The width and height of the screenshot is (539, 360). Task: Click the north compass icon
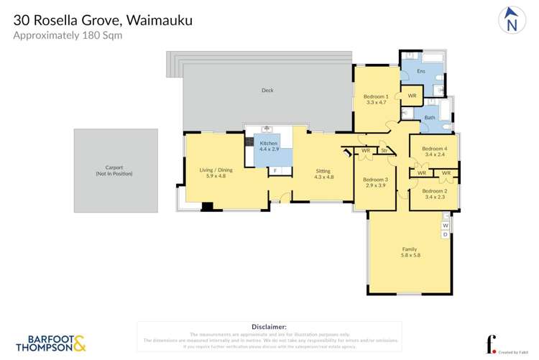(511, 20)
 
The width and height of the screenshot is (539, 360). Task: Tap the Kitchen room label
(269, 144)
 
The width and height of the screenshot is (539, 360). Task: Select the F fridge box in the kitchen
(275, 170)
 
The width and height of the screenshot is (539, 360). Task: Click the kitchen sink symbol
(267, 129)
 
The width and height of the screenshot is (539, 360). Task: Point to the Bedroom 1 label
(376, 96)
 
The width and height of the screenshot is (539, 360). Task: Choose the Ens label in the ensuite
(421, 71)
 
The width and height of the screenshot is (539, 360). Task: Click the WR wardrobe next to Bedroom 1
(412, 96)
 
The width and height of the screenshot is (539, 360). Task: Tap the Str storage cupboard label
(384, 151)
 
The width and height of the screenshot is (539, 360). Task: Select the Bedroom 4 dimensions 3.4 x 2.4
(435, 154)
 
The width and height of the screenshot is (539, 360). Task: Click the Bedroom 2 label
(435, 191)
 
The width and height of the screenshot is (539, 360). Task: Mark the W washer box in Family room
(445, 226)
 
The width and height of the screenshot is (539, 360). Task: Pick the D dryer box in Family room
(445, 234)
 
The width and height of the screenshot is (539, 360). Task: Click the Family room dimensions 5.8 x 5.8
(410, 255)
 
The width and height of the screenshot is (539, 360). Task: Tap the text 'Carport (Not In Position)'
(114, 170)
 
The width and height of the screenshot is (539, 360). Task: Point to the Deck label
(267, 91)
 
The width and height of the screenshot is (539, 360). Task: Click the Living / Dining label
(216, 170)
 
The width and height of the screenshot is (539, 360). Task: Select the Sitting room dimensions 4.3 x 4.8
(323, 176)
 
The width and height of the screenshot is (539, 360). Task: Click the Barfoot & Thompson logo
(50, 343)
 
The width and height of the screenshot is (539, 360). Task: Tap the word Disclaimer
(269, 326)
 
